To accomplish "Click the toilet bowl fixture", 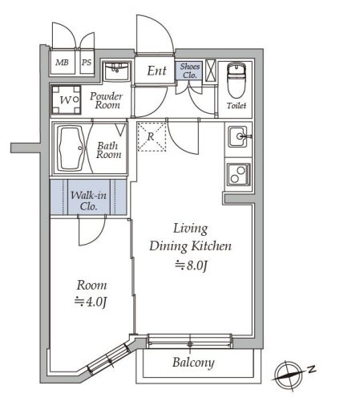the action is (236, 80).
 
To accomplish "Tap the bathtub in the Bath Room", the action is (71, 148).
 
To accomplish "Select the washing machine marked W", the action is (67, 99).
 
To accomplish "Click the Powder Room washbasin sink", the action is (117, 71).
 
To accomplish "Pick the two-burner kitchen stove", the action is (239, 174).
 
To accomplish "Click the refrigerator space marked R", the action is (152, 137).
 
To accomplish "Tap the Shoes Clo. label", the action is (190, 71).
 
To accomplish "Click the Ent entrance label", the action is (157, 71).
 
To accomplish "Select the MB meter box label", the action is (62, 63).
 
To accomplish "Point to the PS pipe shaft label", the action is (87, 63).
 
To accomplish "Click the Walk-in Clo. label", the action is (88, 201).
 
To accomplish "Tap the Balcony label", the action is (193, 363).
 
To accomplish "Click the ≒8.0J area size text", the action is (192, 266).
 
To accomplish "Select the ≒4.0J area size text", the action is (91, 302).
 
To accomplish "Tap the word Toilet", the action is (237, 106).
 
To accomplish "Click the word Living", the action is (191, 229).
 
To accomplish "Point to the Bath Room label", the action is (108, 150).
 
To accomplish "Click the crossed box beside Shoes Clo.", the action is (211, 71).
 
